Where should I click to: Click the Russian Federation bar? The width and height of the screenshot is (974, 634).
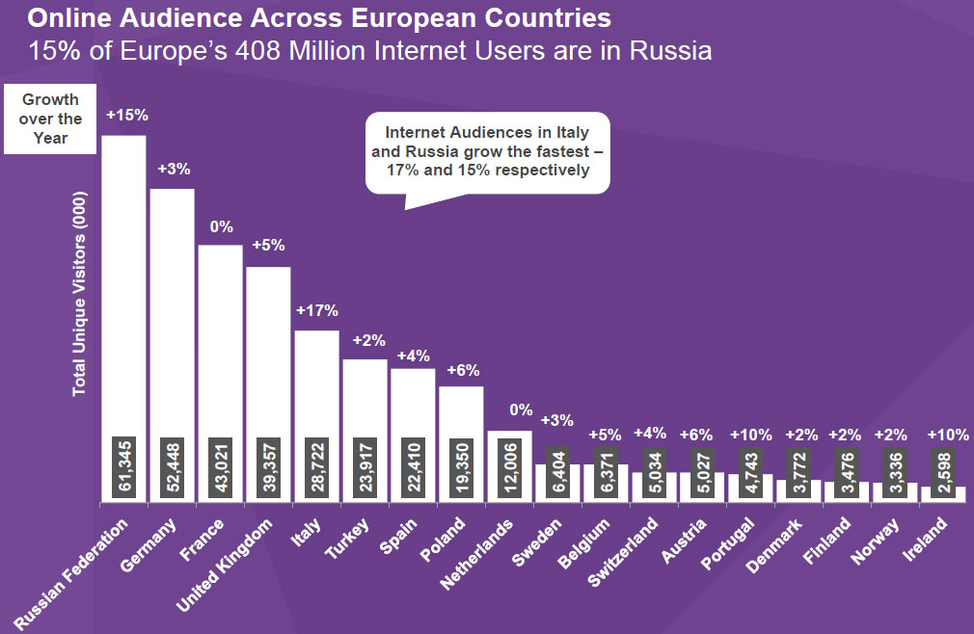point(123,289)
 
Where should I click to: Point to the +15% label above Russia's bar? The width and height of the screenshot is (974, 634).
point(126,115)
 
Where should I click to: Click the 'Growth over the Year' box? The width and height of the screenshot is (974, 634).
point(50,119)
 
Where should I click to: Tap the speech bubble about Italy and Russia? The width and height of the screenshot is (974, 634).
point(487,151)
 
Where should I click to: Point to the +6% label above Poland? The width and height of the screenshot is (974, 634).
point(462,370)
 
